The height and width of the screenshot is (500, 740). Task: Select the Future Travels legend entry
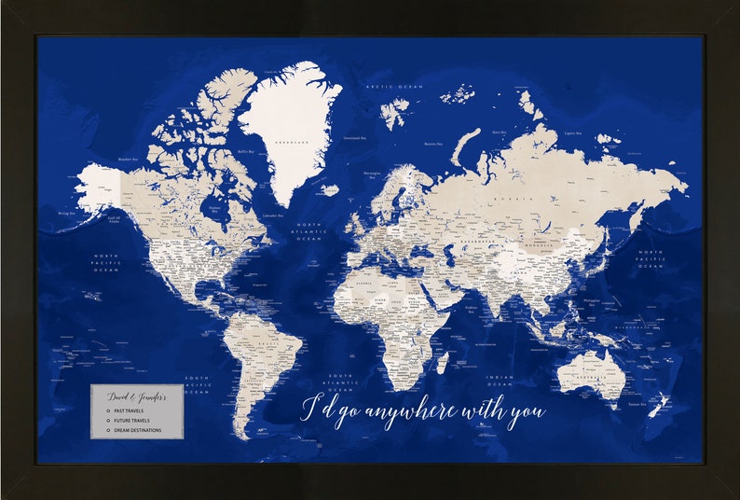coord(131,421)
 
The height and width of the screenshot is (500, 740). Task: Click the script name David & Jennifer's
coord(137,396)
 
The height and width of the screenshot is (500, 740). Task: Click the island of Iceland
coord(329,189)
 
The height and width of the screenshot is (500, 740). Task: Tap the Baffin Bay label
coord(247,153)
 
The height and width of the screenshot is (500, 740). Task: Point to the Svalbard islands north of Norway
coord(394,113)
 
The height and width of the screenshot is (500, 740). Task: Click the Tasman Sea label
coord(635,404)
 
